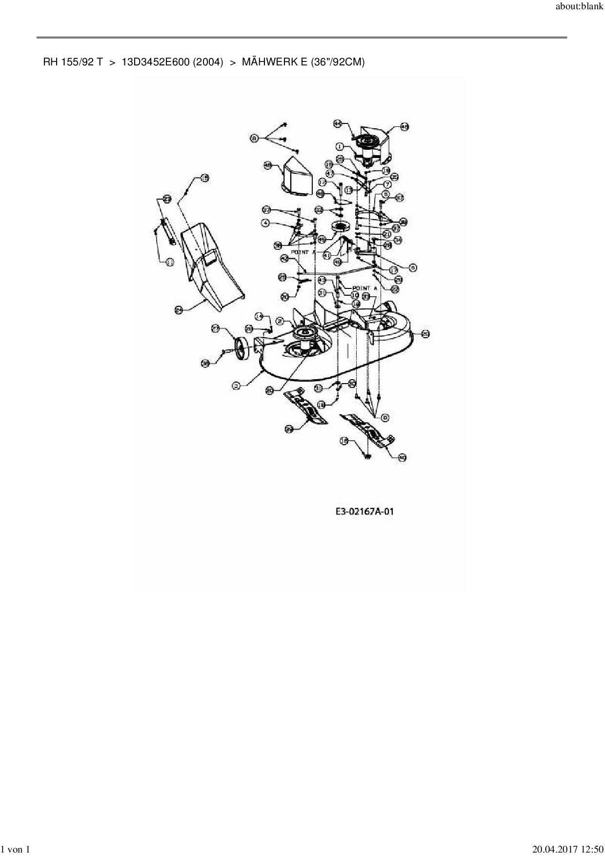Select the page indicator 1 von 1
(16, 850)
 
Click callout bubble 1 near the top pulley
(340, 146)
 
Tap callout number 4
(265, 223)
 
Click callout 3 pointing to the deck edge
(237, 386)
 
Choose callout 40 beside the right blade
(402, 457)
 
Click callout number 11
(170, 263)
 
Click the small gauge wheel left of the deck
(241, 349)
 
